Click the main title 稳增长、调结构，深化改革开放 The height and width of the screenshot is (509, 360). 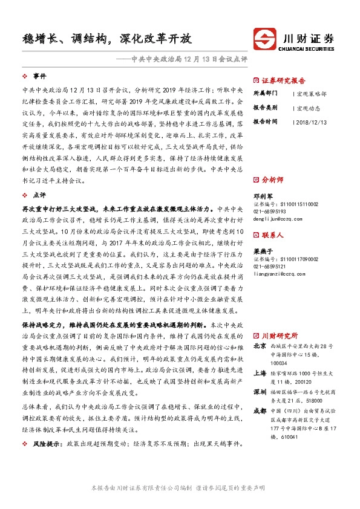106,39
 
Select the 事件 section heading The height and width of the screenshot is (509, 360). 40,76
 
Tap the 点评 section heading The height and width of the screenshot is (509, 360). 40,195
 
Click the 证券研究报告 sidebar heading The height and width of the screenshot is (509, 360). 284,80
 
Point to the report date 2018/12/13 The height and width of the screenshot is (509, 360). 311,122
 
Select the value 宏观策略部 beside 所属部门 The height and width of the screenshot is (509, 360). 312,94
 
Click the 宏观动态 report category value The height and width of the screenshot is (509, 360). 310,108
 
